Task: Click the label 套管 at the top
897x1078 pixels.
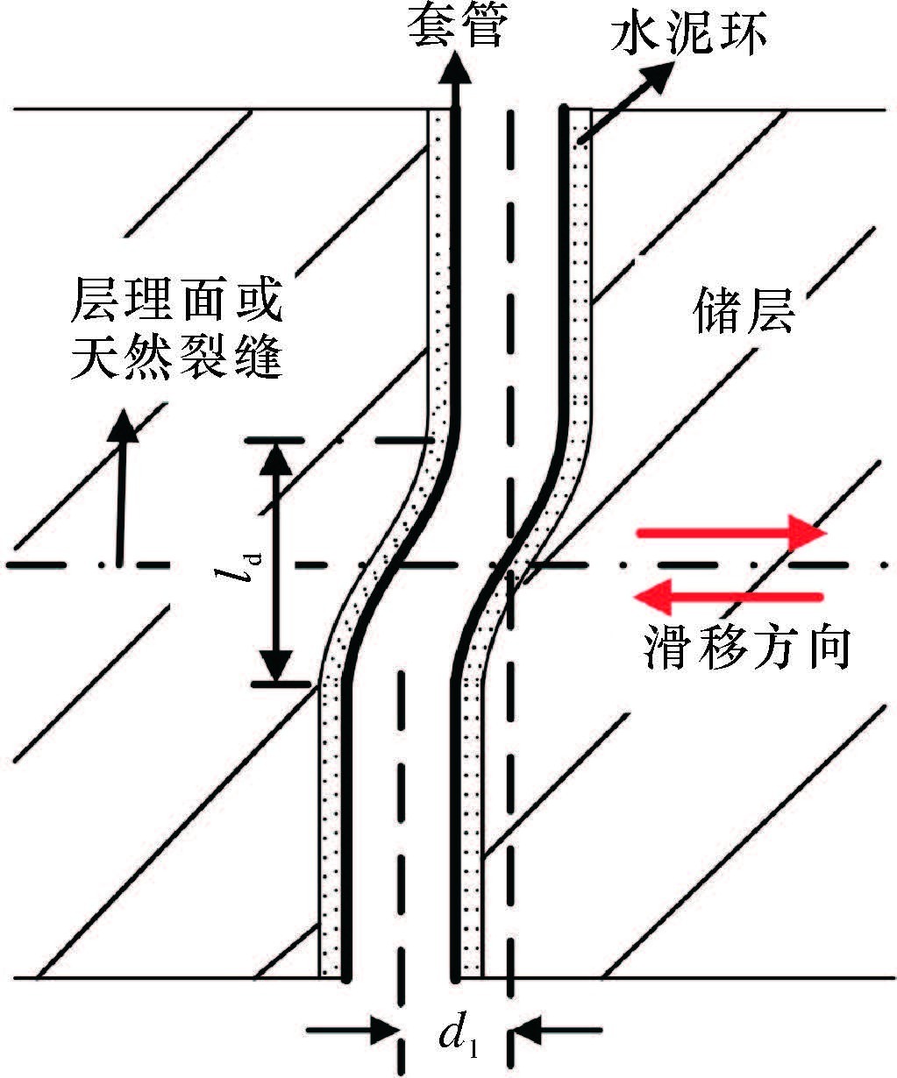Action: coord(456,26)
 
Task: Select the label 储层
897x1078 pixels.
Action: coord(744,312)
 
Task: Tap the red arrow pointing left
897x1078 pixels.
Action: coord(728,597)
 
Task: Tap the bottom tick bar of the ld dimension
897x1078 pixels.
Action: coord(278,684)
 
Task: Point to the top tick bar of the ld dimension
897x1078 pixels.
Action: coord(278,441)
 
